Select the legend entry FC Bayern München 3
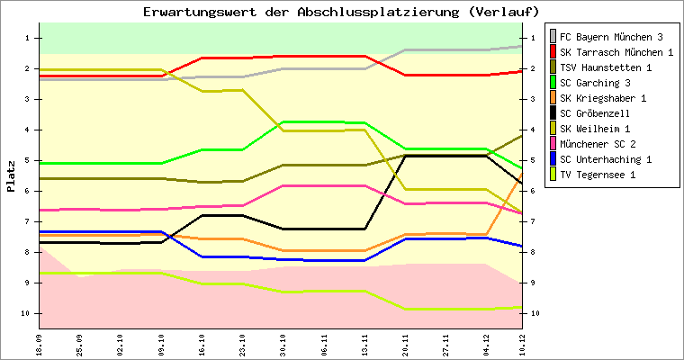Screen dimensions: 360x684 pyautogui.click(x=611, y=37)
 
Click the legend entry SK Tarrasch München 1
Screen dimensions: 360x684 pyautogui.click(x=616, y=52)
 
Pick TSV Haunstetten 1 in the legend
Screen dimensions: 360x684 pyautogui.click(x=606, y=67)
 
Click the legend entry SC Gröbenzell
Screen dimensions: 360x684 pyautogui.click(x=594, y=113)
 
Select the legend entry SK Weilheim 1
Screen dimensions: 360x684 pyautogui.click(x=595, y=129)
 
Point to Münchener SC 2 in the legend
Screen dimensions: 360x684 pyautogui.click(x=598, y=144)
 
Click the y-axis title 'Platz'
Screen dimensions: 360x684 pyautogui.click(x=11, y=176)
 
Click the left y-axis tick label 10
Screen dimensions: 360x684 pyautogui.click(x=28, y=313)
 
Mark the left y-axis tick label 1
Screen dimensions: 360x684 pyautogui.click(x=30, y=38)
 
